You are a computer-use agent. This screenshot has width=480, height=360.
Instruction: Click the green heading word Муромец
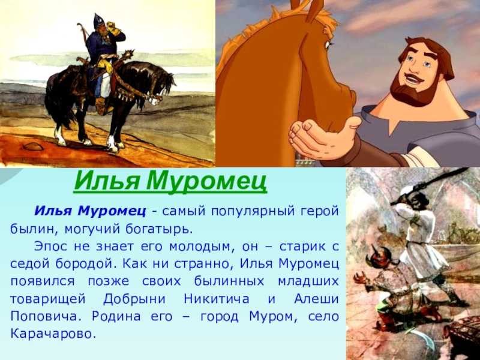206,181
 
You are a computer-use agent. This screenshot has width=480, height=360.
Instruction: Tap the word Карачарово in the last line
51,334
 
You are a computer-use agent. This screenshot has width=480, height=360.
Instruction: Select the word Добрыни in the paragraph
134,299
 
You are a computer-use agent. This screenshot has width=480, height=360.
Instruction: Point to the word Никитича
217,299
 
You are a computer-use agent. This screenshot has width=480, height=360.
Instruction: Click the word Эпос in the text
50,247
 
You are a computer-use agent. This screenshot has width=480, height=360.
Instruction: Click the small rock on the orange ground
33,146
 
